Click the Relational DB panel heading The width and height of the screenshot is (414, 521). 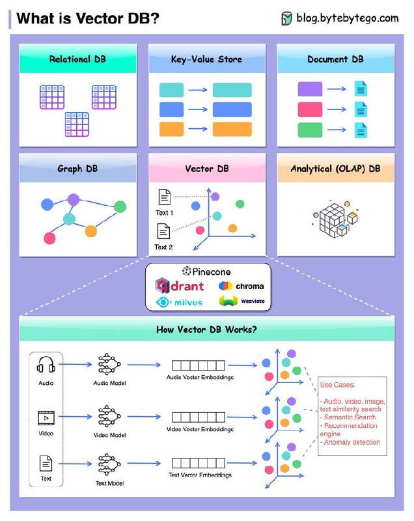click(x=77, y=59)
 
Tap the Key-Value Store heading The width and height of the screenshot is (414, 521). click(x=206, y=59)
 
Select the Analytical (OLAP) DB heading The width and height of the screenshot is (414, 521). click(x=335, y=169)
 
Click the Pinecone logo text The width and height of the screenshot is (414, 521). click(x=206, y=272)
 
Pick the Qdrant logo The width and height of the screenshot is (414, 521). click(x=179, y=286)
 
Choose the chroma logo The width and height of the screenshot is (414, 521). click(x=241, y=286)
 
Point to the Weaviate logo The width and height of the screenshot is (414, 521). click(x=241, y=301)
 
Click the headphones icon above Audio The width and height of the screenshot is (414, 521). click(x=46, y=365)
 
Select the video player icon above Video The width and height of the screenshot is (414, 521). click(x=46, y=418)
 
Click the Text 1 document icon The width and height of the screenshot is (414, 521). click(x=164, y=197)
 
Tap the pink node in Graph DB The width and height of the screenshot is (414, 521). click(x=49, y=238)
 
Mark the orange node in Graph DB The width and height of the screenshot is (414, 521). click(x=90, y=231)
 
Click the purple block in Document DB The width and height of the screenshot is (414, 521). click(x=310, y=89)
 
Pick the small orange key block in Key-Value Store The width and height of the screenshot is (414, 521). click(x=171, y=129)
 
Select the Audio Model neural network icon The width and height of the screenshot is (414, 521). click(x=109, y=365)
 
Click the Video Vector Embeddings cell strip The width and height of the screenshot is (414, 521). click(x=198, y=417)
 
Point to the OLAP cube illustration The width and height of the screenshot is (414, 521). click(x=335, y=219)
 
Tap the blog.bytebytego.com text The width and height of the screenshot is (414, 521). click(x=347, y=18)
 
